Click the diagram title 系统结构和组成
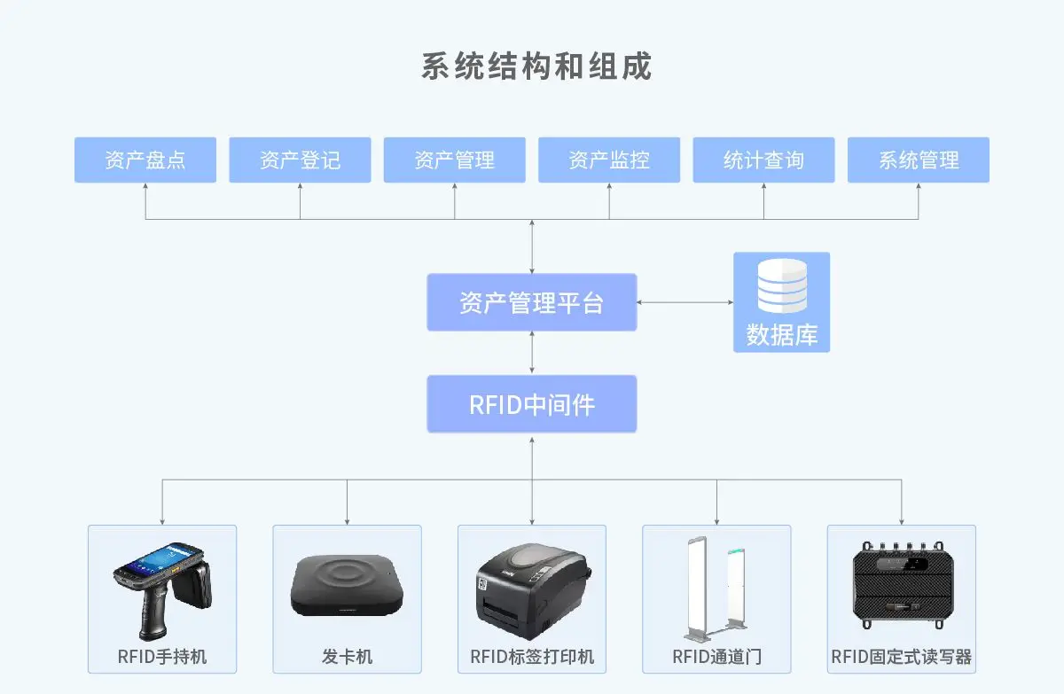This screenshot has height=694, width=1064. (536, 66)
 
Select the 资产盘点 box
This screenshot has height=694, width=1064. (145, 160)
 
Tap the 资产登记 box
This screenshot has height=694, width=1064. (300, 160)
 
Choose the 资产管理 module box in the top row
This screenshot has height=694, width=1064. (454, 160)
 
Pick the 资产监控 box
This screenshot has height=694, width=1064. (609, 160)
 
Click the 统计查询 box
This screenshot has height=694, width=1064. (763, 160)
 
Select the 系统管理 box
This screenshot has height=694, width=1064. (919, 160)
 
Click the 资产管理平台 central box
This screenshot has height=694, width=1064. (532, 302)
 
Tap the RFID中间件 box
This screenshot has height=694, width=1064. (532, 404)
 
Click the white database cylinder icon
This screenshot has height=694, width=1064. (782, 285)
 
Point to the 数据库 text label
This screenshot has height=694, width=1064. (782, 335)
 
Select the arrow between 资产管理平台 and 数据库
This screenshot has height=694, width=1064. (685, 302)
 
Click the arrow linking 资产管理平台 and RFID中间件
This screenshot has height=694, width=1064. (532, 353)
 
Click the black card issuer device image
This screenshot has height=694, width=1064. (347, 586)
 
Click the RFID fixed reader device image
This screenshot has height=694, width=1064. (902, 586)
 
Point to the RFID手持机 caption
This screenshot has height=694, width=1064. (162, 657)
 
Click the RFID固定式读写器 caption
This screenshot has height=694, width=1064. (902, 657)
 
